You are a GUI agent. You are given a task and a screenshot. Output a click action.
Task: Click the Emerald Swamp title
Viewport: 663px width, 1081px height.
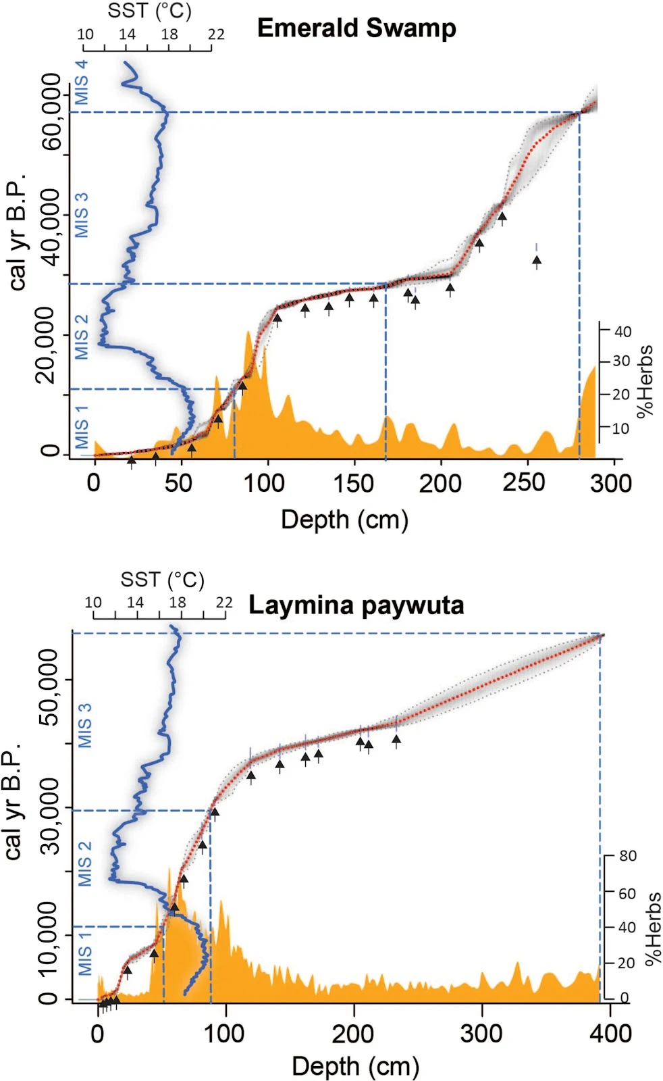point(356,28)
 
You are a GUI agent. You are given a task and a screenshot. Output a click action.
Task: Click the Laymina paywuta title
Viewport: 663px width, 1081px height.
point(356,605)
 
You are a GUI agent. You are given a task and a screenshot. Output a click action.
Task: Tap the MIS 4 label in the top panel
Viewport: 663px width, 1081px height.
point(81,82)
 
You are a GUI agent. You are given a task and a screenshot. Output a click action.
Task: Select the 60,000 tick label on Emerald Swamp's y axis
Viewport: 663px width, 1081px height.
point(51,112)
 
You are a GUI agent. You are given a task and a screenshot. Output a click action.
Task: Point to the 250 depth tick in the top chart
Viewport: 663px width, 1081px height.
point(524,482)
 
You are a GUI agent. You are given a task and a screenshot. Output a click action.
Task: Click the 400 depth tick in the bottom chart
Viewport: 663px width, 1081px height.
point(610,1033)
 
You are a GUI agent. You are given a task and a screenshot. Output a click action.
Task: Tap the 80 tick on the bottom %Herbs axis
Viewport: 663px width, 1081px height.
point(627,856)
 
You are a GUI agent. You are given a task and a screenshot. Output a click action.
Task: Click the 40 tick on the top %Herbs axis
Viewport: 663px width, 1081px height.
point(622,331)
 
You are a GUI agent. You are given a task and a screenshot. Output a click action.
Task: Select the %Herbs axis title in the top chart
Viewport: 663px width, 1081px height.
point(645,381)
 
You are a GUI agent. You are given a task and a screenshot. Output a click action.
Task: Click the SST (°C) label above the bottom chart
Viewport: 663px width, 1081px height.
point(162,580)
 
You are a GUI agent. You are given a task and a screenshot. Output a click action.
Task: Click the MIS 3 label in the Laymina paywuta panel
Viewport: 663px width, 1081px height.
point(85,726)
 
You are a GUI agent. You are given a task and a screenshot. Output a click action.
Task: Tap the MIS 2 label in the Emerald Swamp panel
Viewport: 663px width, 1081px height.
point(81,336)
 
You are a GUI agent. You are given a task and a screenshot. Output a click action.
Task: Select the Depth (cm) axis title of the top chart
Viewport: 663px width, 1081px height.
point(344,520)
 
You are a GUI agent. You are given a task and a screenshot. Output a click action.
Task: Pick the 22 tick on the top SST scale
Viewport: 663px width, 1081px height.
point(216,34)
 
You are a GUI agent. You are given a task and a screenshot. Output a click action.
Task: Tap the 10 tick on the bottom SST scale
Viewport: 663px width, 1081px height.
point(93,602)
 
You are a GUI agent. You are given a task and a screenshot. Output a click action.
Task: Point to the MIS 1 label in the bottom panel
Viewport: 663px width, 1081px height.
point(85,953)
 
